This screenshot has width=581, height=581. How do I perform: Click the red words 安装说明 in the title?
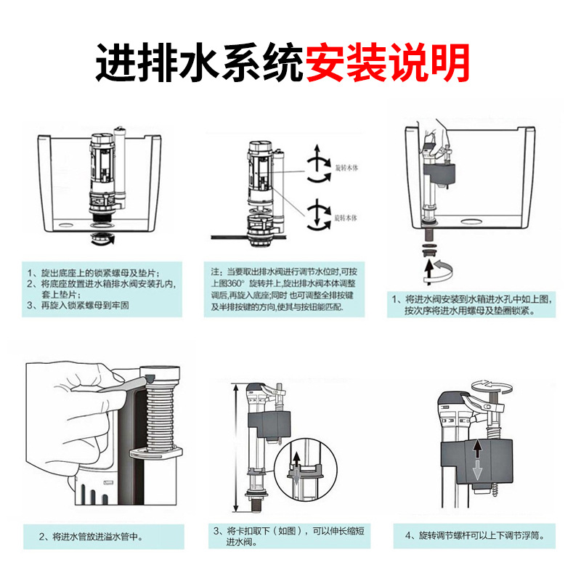pyautogui.click(x=388, y=65)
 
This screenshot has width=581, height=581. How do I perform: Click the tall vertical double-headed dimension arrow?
pyautogui.click(x=234, y=447)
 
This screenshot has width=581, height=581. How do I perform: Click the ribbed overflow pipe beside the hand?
pyautogui.click(x=161, y=414)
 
